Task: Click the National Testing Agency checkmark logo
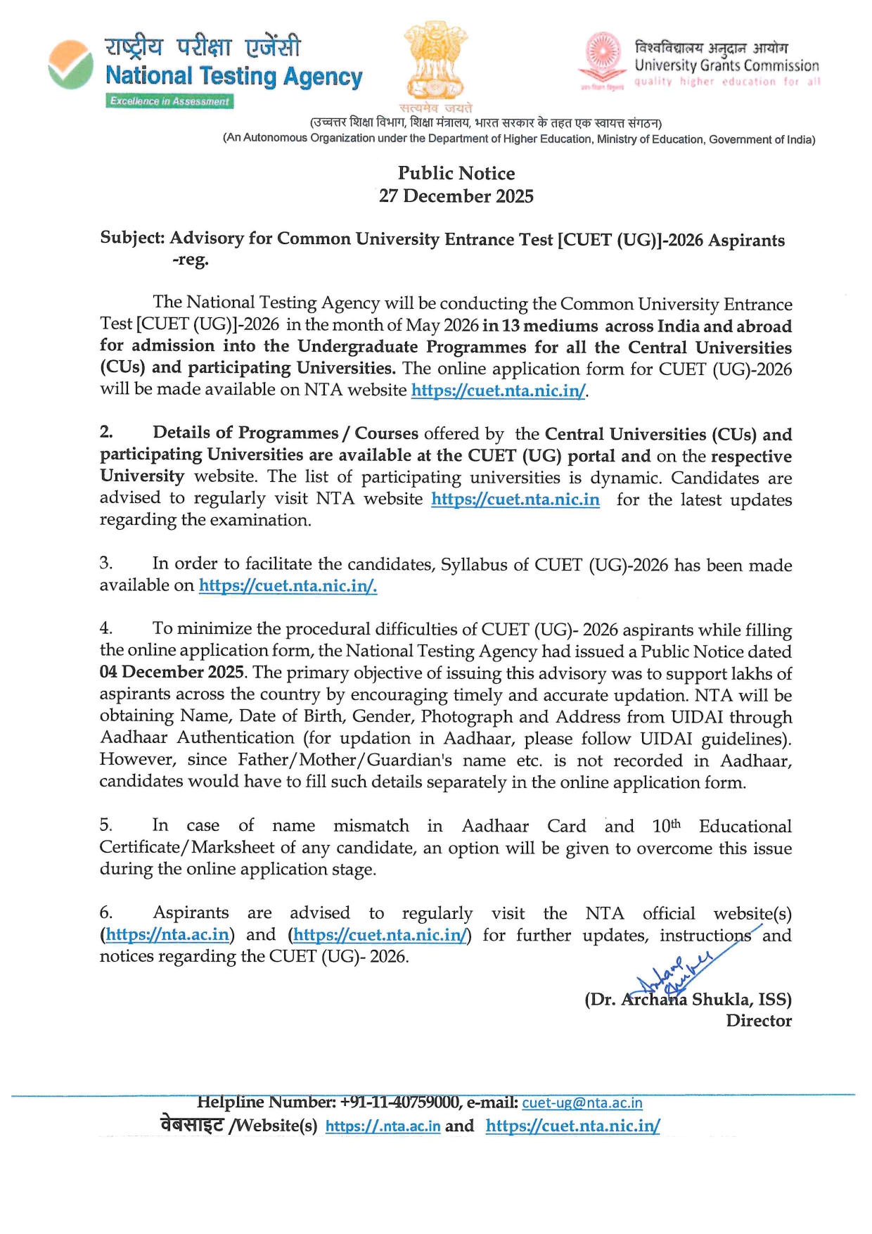coord(70,65)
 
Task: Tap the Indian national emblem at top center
coord(436,62)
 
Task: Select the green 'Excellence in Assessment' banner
coord(170,101)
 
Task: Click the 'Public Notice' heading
coord(456,173)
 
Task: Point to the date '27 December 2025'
coord(456,196)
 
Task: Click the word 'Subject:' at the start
coord(132,238)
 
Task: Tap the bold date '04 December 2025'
coord(172,672)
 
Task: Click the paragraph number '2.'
coord(106,433)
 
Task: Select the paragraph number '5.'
coord(106,825)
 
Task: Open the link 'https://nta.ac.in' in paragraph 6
coord(167,935)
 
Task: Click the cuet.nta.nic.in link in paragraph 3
coord(288,585)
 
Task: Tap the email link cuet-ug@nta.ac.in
coord(582,1103)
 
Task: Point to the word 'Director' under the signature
coord(759,1021)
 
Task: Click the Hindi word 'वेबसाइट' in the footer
coord(192,1126)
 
